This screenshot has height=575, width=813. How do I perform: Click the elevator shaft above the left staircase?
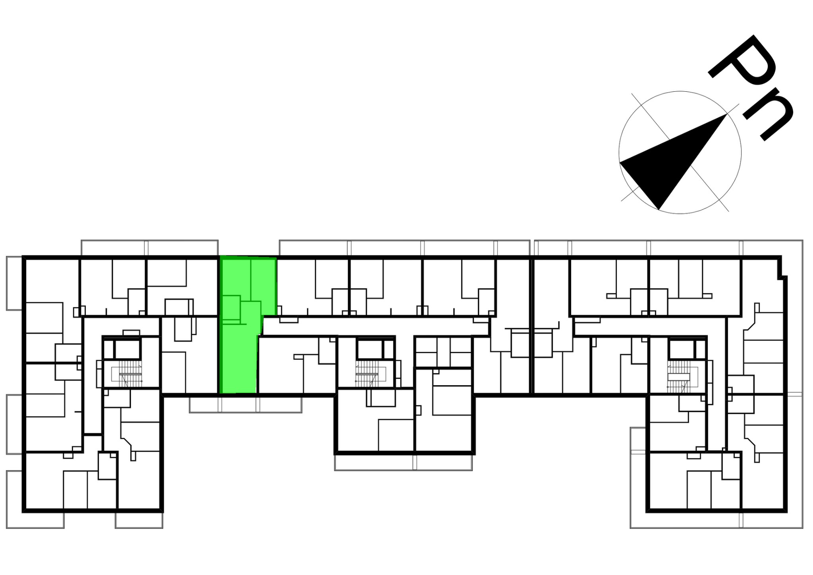pos(127,349)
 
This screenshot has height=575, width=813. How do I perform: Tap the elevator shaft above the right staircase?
pos(681,349)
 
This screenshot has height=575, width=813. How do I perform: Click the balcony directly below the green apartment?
pos(245,405)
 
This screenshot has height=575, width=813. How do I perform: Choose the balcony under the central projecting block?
pos(403,463)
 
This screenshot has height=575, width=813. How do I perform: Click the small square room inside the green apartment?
pos(231,308)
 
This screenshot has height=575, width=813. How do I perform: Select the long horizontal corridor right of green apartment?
pos(375,326)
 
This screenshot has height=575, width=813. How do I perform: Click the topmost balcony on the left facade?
pos(14,283)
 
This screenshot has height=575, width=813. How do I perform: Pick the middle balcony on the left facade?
pos(14,424)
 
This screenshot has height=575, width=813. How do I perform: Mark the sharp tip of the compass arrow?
pos(727,114)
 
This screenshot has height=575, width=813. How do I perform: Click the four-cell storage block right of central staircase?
pos(443,352)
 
